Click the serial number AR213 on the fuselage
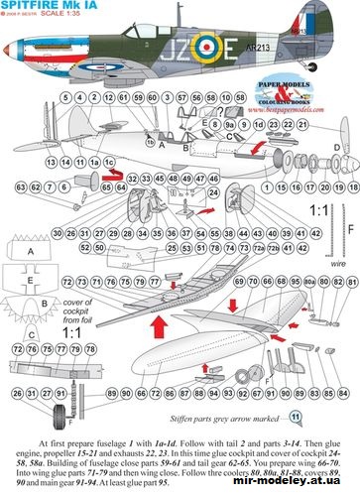pos(259,73)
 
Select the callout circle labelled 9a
pos(229,127)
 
